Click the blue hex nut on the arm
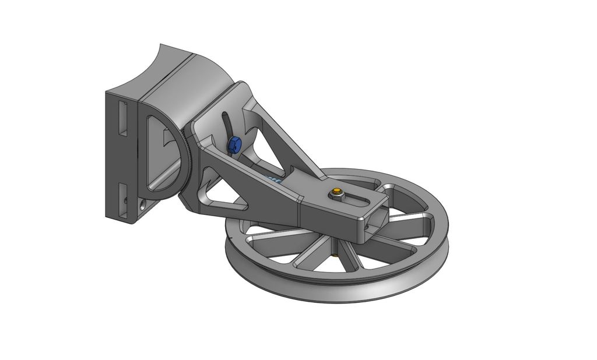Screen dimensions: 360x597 pos(234,144)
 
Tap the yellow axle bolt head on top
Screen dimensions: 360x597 pos(336,192)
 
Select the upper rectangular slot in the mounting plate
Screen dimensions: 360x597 pos(122,118)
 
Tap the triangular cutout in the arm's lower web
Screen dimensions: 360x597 pos(225,201)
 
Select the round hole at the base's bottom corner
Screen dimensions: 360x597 pos(143,205)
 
